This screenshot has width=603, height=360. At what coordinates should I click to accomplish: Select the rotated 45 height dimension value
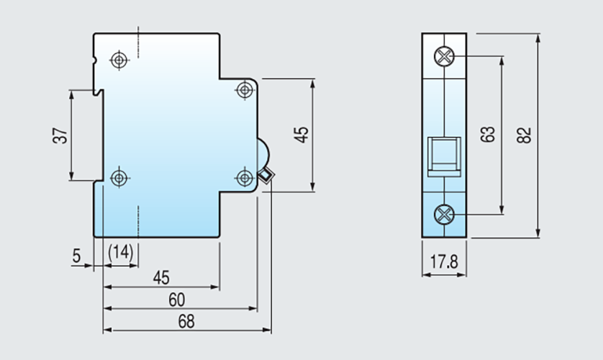pyautogui.click(x=301, y=135)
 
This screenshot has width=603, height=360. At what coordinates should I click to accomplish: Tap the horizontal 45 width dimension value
pyautogui.click(x=161, y=277)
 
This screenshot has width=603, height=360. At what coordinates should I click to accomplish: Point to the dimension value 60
pyautogui.click(x=177, y=299)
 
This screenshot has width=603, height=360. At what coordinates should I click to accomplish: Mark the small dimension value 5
pyautogui.click(x=76, y=254)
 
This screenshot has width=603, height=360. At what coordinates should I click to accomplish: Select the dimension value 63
pyautogui.click(x=489, y=135)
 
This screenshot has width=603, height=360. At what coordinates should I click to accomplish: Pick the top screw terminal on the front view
pyautogui.click(x=445, y=56)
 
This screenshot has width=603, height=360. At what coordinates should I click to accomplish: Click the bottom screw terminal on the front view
pyautogui.click(x=445, y=214)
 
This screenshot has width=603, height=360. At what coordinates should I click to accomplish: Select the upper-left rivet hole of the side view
pyautogui.click(x=119, y=59)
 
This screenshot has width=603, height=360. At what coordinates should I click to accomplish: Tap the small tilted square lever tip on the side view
pyautogui.click(x=266, y=175)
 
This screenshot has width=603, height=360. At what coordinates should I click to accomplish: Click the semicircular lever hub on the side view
pyautogui.click(x=263, y=153)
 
